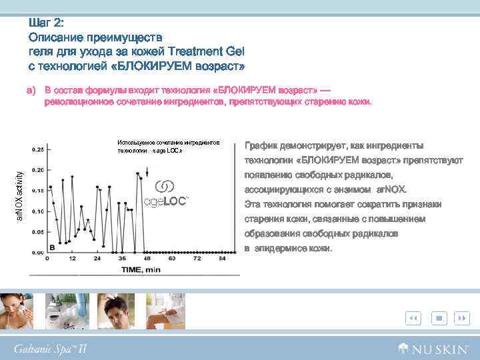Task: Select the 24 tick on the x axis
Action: coord(98,257)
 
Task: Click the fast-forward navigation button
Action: coord(461,319)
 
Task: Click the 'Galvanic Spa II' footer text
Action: coord(50,349)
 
